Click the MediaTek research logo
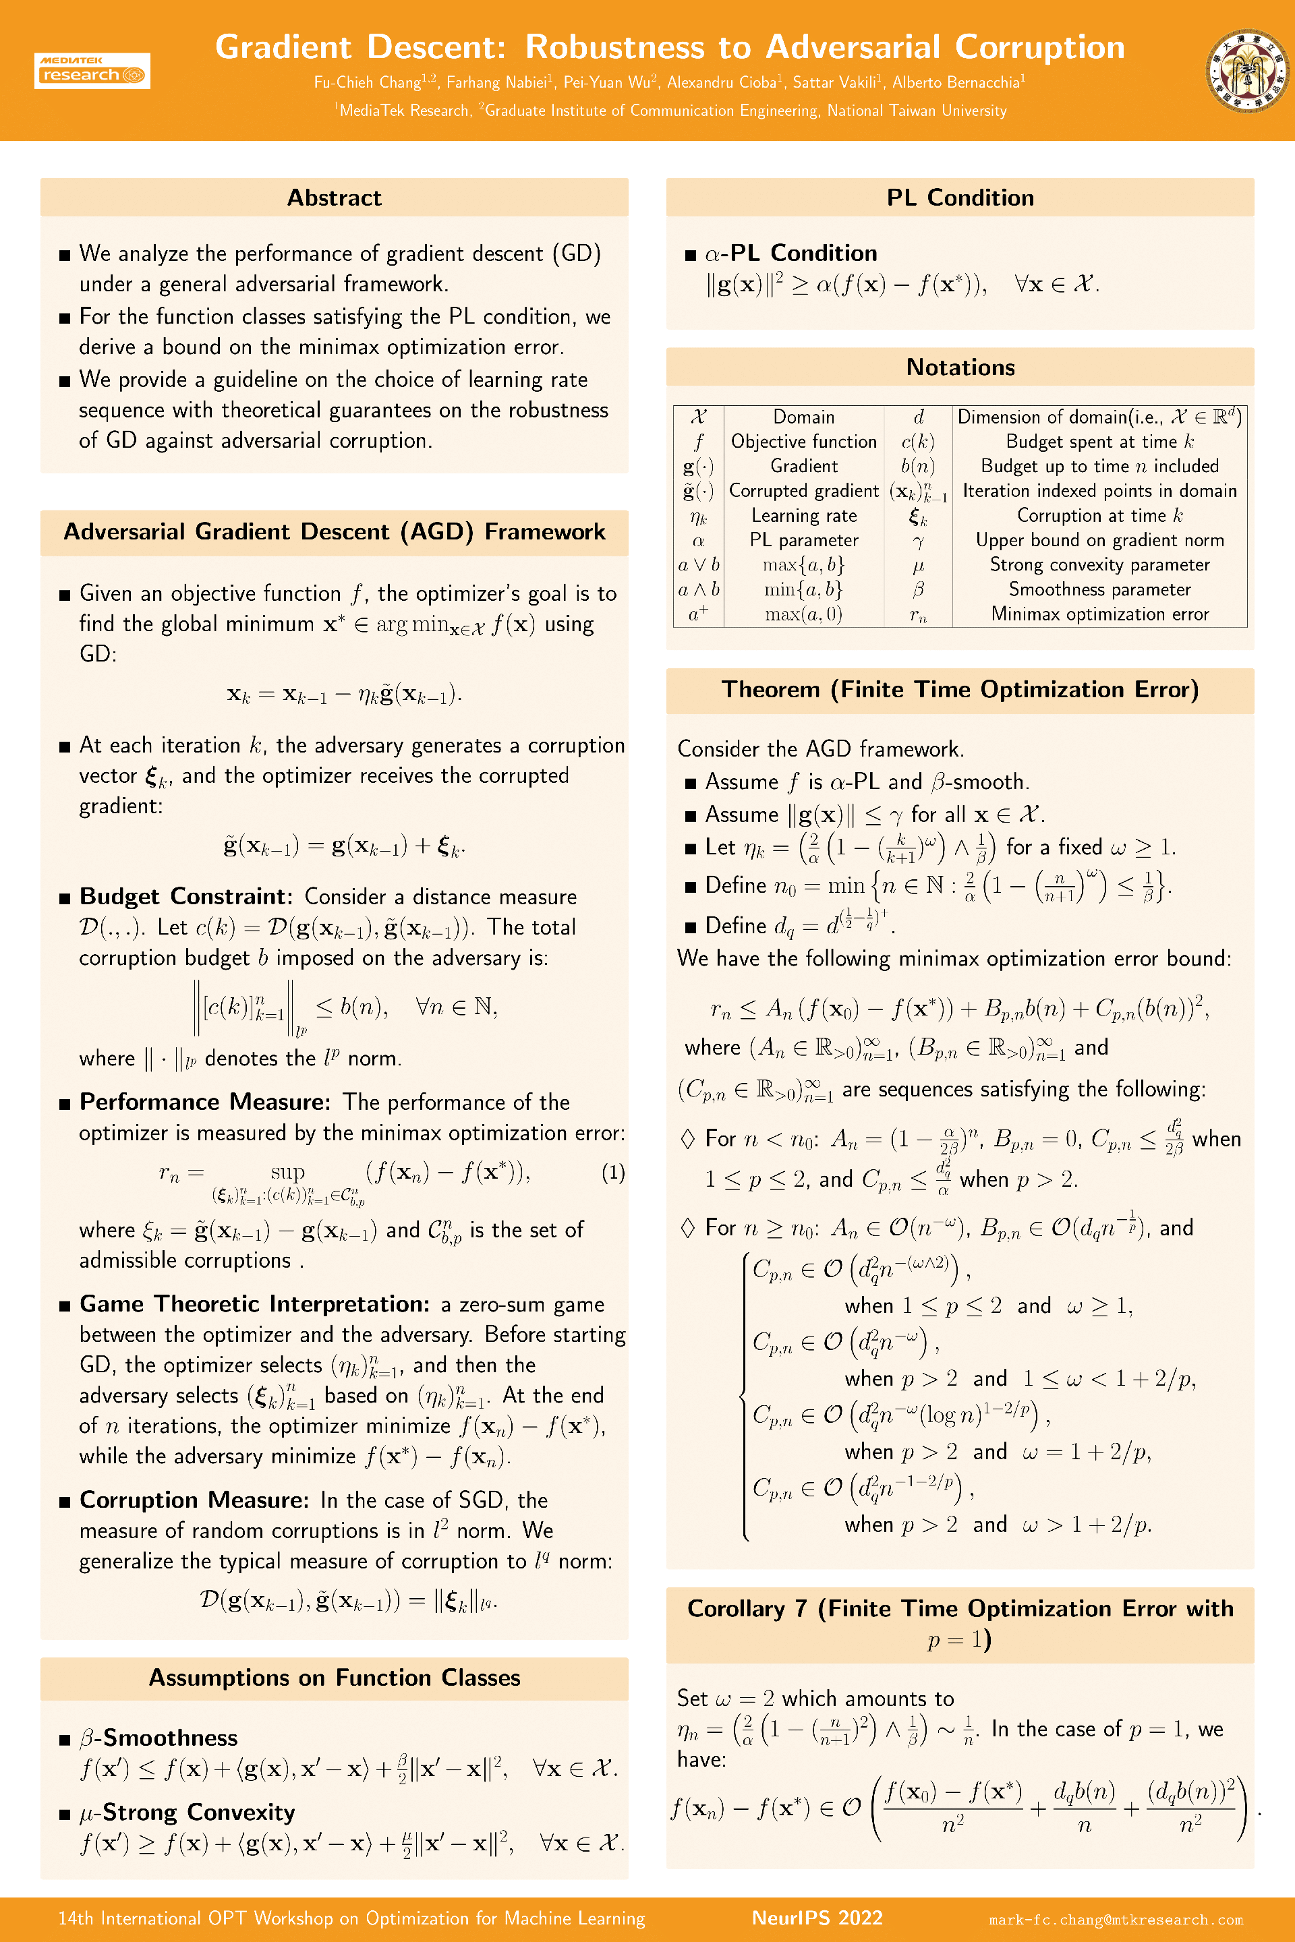[x=92, y=70]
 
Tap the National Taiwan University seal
[x=1247, y=70]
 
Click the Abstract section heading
[x=334, y=198]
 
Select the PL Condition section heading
[x=960, y=198]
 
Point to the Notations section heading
[x=960, y=367]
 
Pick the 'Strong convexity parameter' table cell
[x=1099, y=565]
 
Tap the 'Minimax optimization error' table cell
[x=1099, y=614]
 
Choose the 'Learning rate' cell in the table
[x=803, y=516]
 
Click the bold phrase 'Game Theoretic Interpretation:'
[x=254, y=1303]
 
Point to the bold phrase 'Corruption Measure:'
[x=194, y=1500]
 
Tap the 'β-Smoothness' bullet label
[x=159, y=1738]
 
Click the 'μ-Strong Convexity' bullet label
[x=188, y=1813]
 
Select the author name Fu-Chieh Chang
[x=368, y=82]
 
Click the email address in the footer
[x=1115, y=1920]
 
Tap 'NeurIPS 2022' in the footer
[x=817, y=1918]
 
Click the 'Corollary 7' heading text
[x=747, y=1608]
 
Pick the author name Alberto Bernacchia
[x=956, y=82]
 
